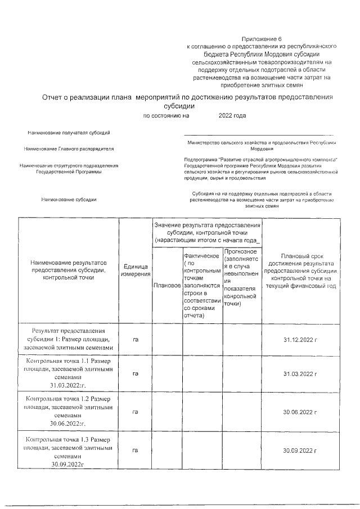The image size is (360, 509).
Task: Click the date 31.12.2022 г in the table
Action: click(x=301, y=340)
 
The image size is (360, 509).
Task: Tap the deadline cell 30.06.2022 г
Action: click(x=301, y=412)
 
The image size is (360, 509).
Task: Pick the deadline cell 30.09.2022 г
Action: click(x=301, y=451)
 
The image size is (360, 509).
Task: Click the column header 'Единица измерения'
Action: click(x=135, y=270)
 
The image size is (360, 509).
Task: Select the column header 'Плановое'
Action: click(x=166, y=286)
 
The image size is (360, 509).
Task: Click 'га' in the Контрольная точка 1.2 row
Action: click(x=135, y=412)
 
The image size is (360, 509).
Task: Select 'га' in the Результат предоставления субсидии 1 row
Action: click(x=135, y=340)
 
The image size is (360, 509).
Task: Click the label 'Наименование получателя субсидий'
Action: click(x=69, y=133)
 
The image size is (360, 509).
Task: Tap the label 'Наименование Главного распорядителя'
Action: click(x=69, y=149)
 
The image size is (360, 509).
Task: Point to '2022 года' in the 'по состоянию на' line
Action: click(x=232, y=116)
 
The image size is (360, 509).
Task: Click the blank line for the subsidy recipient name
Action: click(x=259, y=134)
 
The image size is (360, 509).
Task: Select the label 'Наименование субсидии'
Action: click(x=69, y=200)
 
